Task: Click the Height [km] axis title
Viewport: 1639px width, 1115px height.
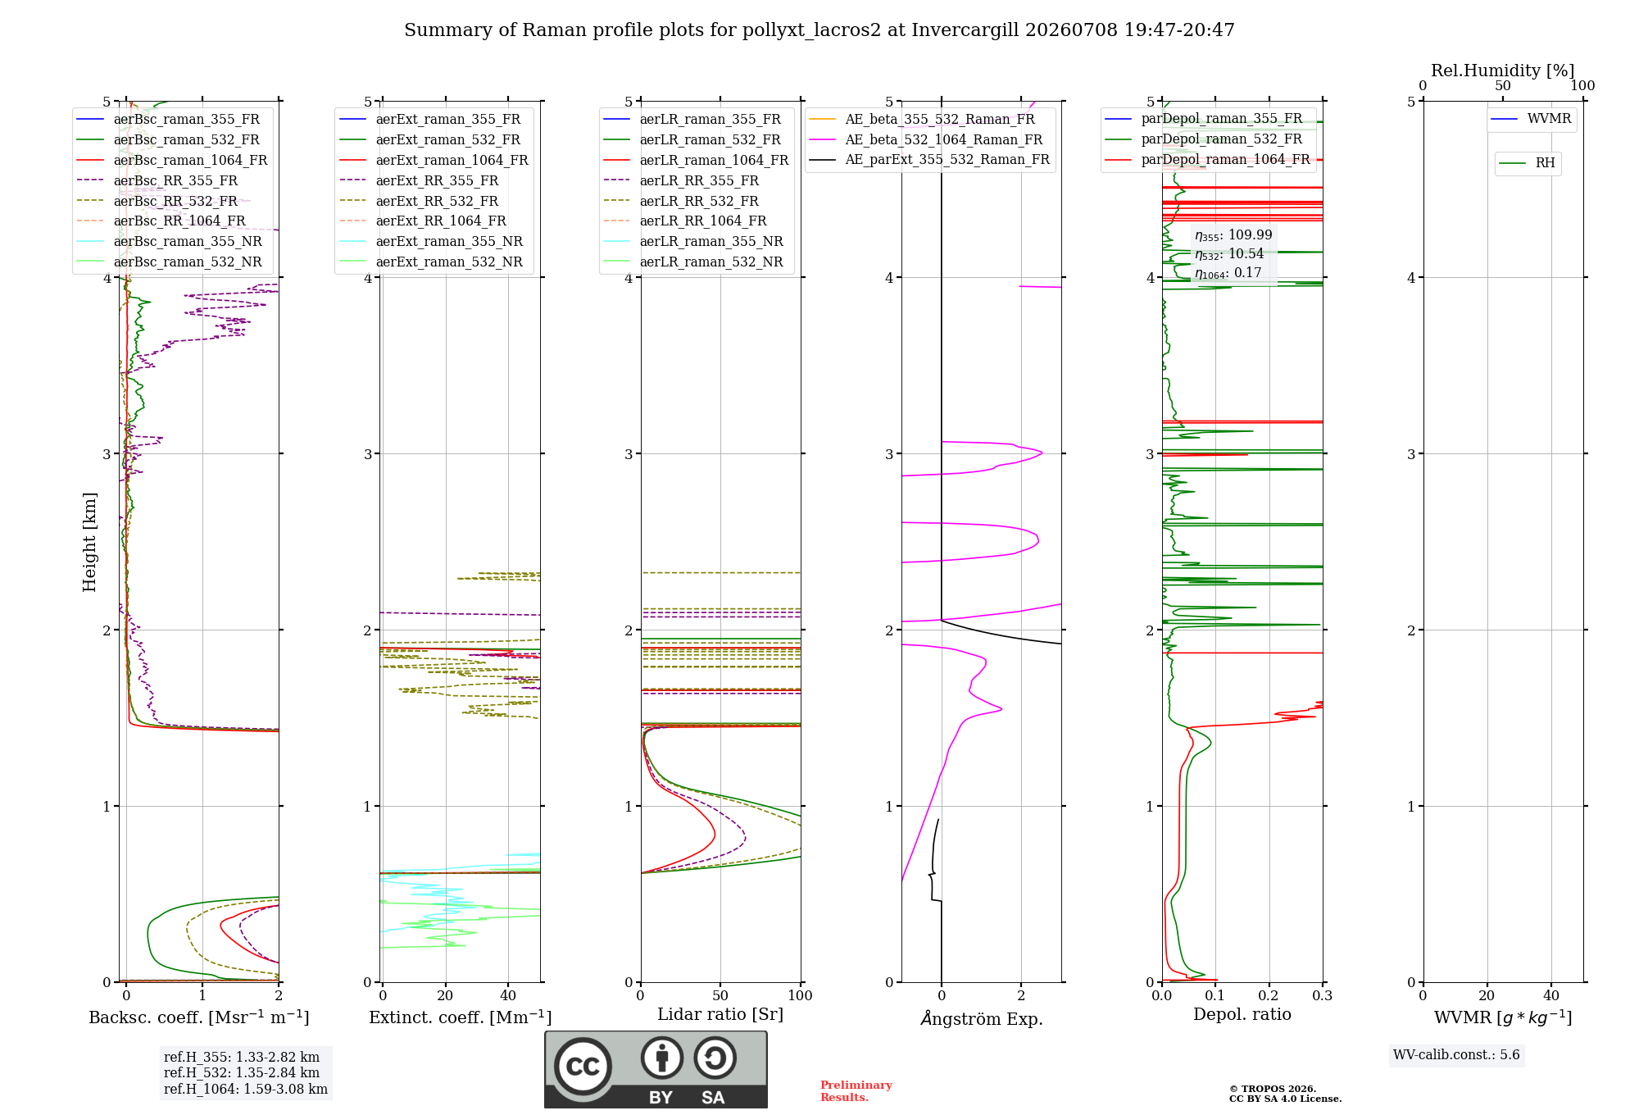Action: (89, 542)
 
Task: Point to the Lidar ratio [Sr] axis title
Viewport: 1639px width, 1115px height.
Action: (720, 1014)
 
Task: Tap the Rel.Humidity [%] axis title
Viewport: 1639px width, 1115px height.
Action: (1503, 71)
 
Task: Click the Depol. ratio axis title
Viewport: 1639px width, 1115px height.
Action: (1242, 1014)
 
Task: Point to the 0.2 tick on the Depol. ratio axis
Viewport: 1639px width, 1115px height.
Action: (1269, 995)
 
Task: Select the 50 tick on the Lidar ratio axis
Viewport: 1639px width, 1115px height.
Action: (720, 995)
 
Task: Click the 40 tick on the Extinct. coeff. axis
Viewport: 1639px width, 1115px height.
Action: (508, 995)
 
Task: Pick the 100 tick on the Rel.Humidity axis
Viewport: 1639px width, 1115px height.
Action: (1583, 86)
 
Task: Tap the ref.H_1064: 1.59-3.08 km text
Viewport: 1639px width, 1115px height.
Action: (246, 1089)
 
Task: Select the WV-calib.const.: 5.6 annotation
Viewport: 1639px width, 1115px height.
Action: (1456, 1054)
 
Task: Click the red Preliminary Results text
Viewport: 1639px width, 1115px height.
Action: (856, 1091)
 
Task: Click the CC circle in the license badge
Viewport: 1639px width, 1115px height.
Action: (583, 1066)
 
